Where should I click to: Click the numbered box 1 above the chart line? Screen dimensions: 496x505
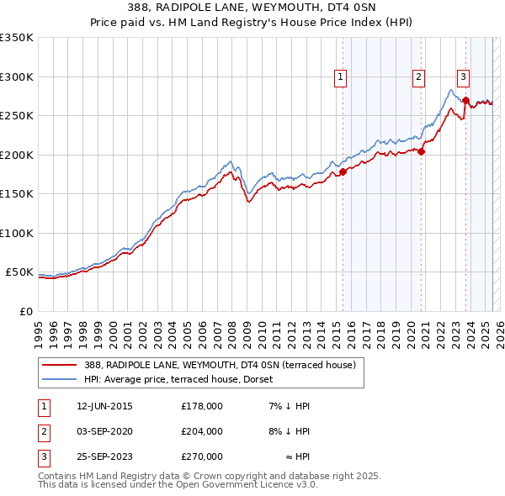point(341,77)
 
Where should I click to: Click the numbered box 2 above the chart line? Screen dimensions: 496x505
point(418,77)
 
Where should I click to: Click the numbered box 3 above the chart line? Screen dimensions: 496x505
point(463,77)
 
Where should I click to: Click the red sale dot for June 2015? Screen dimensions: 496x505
point(343,172)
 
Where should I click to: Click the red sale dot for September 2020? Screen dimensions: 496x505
point(422,152)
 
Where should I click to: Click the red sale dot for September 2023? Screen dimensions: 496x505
point(465,101)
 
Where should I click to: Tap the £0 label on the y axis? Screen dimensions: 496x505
point(24,311)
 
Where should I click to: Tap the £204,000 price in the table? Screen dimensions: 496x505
point(201,431)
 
